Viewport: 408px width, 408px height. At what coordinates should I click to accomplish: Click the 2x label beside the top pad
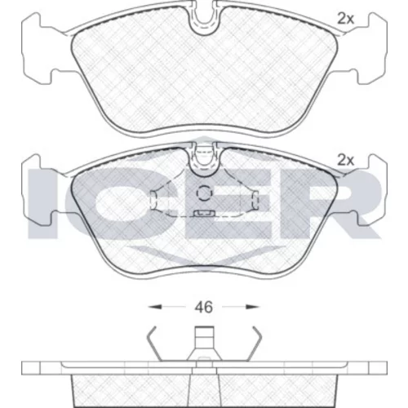(x=345, y=19)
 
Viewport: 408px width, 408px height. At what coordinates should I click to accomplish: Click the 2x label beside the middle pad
(x=345, y=161)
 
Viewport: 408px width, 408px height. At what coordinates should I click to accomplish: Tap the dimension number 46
(x=204, y=308)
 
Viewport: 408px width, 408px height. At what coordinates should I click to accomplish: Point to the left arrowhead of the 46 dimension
(x=155, y=307)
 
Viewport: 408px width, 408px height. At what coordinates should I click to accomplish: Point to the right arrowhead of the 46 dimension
(x=252, y=307)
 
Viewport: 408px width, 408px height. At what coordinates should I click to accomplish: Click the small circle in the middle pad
(x=204, y=193)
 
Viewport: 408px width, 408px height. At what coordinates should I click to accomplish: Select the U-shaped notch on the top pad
(x=204, y=19)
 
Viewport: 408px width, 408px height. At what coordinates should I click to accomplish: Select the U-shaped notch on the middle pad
(x=204, y=161)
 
